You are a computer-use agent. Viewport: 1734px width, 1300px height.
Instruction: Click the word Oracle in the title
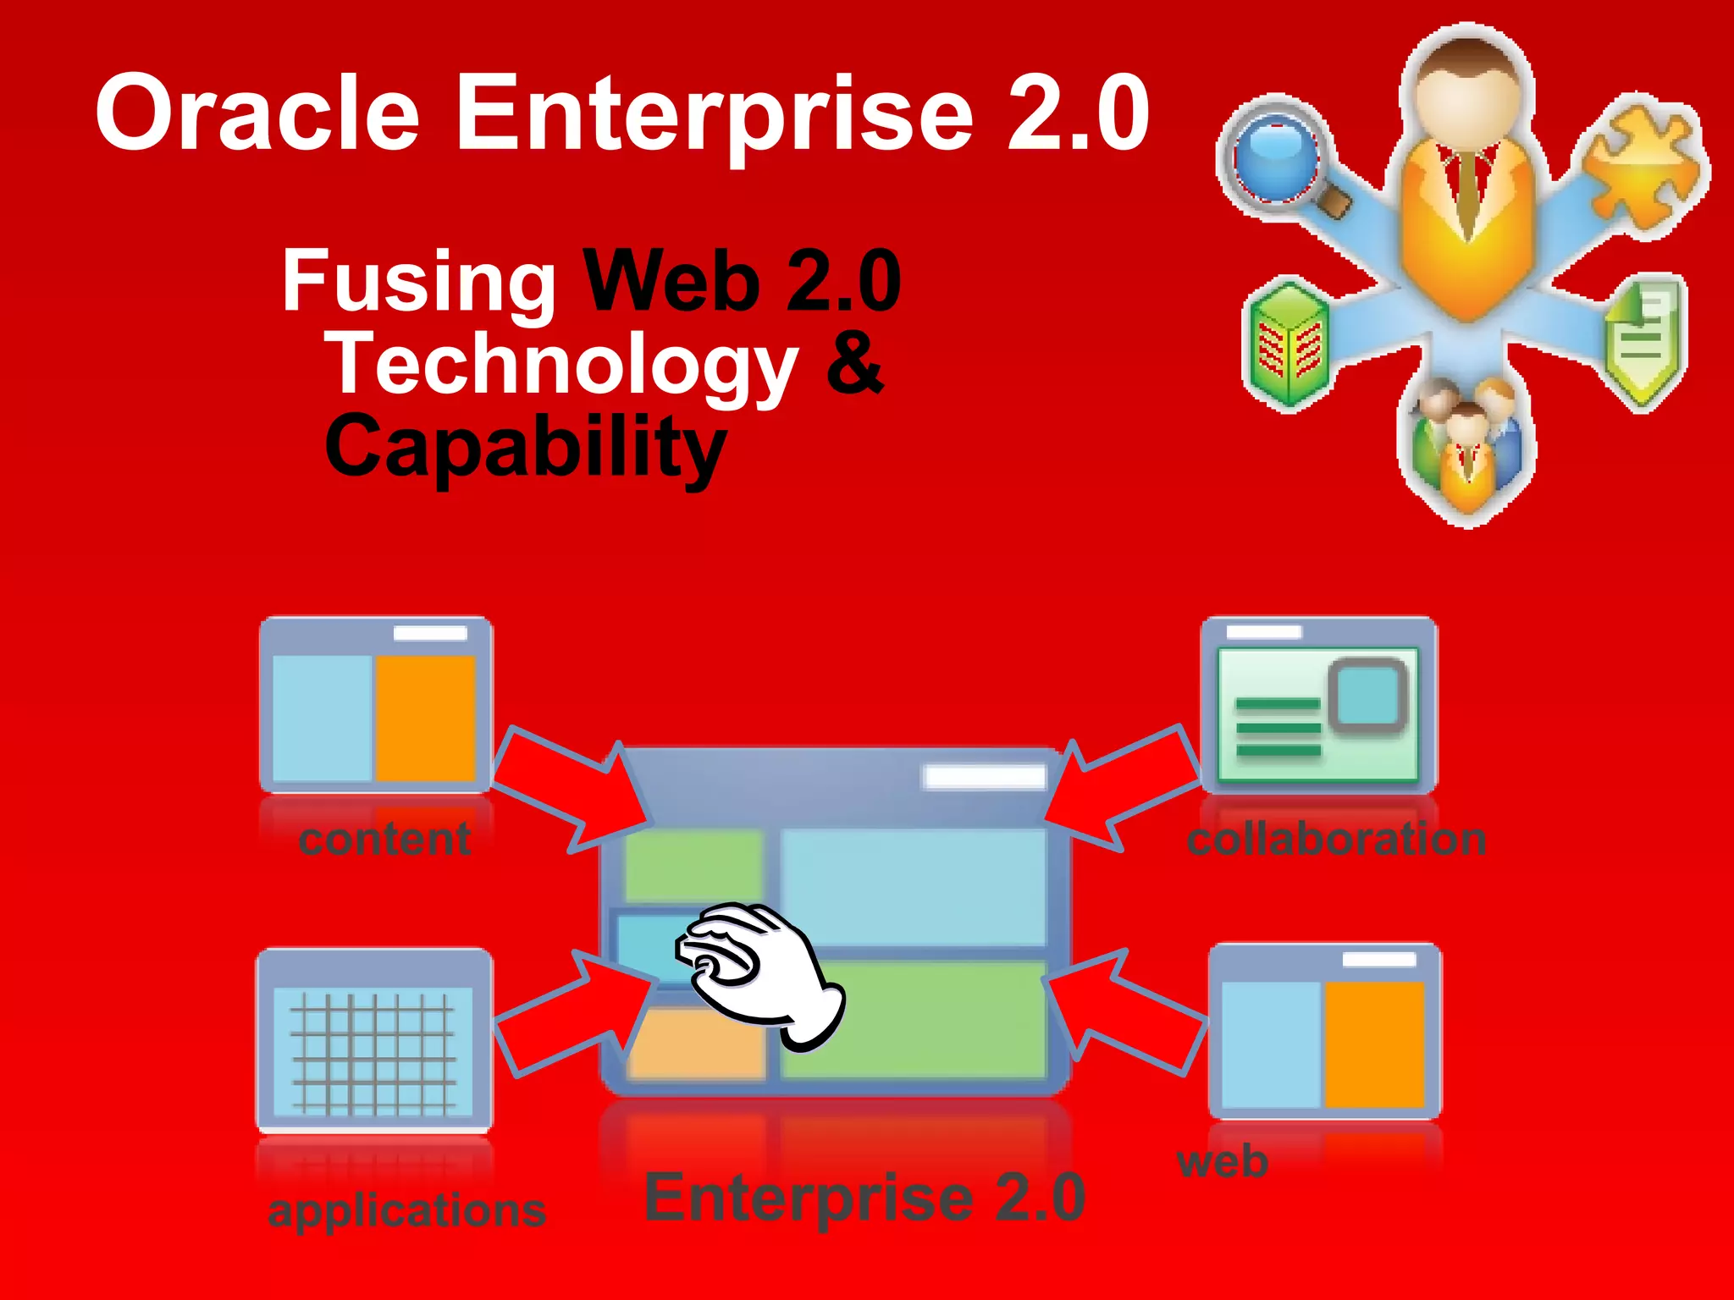click(x=257, y=113)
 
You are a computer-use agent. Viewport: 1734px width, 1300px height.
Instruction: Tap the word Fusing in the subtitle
click(x=418, y=281)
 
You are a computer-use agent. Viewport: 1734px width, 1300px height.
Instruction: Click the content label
click(x=385, y=840)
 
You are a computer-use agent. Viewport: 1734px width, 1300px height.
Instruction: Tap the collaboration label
click(x=1336, y=840)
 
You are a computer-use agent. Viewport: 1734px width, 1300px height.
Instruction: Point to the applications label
click(x=406, y=1210)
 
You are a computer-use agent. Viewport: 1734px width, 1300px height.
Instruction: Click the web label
click(x=1223, y=1162)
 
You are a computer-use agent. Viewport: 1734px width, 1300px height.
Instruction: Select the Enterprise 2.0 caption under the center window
click(x=864, y=1198)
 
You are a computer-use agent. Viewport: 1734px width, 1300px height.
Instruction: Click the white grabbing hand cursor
click(x=758, y=973)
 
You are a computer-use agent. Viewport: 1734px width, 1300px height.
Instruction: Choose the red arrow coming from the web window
click(x=1126, y=1011)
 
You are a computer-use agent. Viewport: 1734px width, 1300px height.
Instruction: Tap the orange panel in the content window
click(x=425, y=718)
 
